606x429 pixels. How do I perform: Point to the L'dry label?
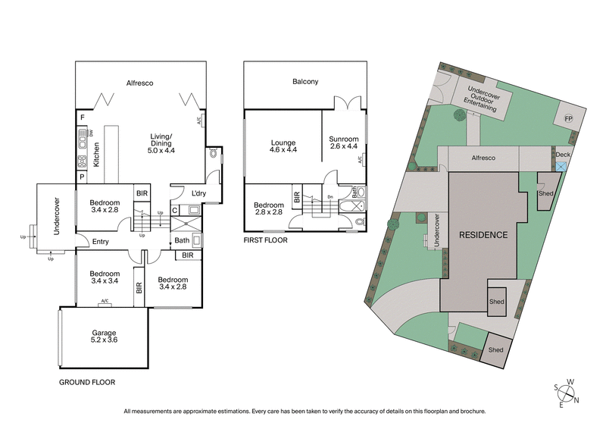(x=199, y=193)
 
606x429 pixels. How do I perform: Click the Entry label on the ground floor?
(x=101, y=242)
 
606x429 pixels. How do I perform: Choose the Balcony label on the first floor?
(x=305, y=82)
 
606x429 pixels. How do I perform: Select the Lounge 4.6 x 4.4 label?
(x=283, y=147)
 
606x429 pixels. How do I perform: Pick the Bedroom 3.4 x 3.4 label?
(x=105, y=278)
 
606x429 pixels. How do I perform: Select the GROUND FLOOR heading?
(x=87, y=383)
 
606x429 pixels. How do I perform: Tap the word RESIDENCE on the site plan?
(x=483, y=235)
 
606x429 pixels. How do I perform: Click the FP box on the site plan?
(x=568, y=120)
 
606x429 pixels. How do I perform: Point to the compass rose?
(x=567, y=393)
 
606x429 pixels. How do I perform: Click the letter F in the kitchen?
(x=82, y=119)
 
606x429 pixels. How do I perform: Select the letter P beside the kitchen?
(x=82, y=177)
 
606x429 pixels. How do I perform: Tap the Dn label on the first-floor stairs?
(x=330, y=197)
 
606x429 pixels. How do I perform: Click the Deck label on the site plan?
(x=562, y=155)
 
